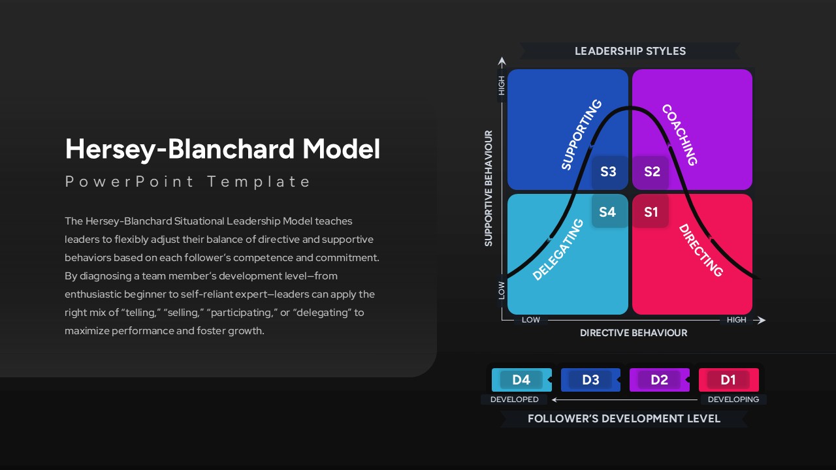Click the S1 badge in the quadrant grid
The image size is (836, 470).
pos(651,211)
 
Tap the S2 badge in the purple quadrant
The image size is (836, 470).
pos(652,172)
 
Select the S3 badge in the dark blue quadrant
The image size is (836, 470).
pos(608,172)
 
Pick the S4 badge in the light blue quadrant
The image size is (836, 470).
pos(607,211)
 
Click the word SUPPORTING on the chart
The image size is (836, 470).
pos(581,134)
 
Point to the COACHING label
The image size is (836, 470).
pos(680,134)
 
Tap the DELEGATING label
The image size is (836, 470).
pos(558,250)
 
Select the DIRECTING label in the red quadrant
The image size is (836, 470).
pos(701,250)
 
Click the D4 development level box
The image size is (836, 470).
pos(521,380)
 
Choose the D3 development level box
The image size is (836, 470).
pos(590,380)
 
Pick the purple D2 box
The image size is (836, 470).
pos(660,380)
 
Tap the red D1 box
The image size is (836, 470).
pos(728,380)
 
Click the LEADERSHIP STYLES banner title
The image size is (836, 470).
pos(630,51)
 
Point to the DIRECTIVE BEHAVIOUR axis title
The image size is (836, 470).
pos(634,333)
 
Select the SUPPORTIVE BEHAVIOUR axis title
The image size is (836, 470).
pos(489,188)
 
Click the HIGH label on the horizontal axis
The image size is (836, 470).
pos(736,320)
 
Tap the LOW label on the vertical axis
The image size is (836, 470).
pos(502,290)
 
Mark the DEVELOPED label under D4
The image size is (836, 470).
pos(515,399)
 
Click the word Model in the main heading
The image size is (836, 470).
pos(341,149)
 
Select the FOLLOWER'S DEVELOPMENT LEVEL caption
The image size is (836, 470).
pos(624,418)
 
